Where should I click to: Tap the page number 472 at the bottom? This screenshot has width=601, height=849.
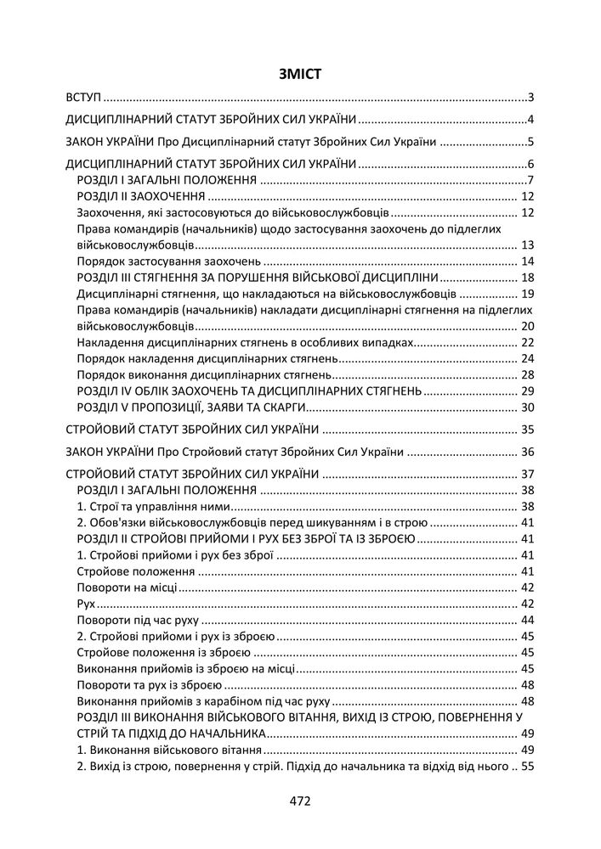(300, 801)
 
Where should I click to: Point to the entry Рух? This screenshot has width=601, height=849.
(85, 604)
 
